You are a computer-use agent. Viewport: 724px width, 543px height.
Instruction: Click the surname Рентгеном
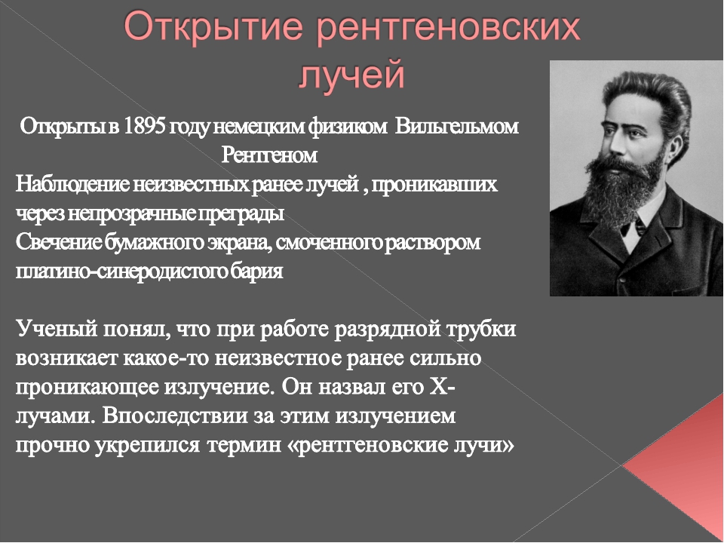(269, 155)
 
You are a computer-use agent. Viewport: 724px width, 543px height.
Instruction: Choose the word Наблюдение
(73, 184)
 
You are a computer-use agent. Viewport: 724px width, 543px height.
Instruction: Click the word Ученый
(57, 330)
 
